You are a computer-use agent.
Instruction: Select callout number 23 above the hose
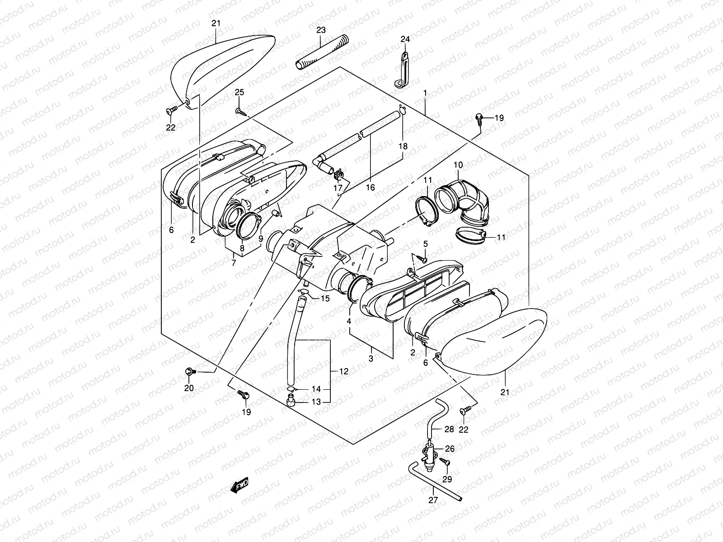coord(321,31)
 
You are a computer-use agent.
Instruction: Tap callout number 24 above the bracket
coord(405,39)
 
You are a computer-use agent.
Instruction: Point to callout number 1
coord(425,93)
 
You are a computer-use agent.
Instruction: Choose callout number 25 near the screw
coord(239,93)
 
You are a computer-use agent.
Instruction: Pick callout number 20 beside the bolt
coord(189,388)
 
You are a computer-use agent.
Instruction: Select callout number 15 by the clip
coord(325,299)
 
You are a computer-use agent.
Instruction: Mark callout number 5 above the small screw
coord(425,244)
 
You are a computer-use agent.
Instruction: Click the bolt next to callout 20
coord(189,372)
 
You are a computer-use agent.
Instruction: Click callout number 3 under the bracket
coord(371,359)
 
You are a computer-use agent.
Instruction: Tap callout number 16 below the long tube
coord(370,187)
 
